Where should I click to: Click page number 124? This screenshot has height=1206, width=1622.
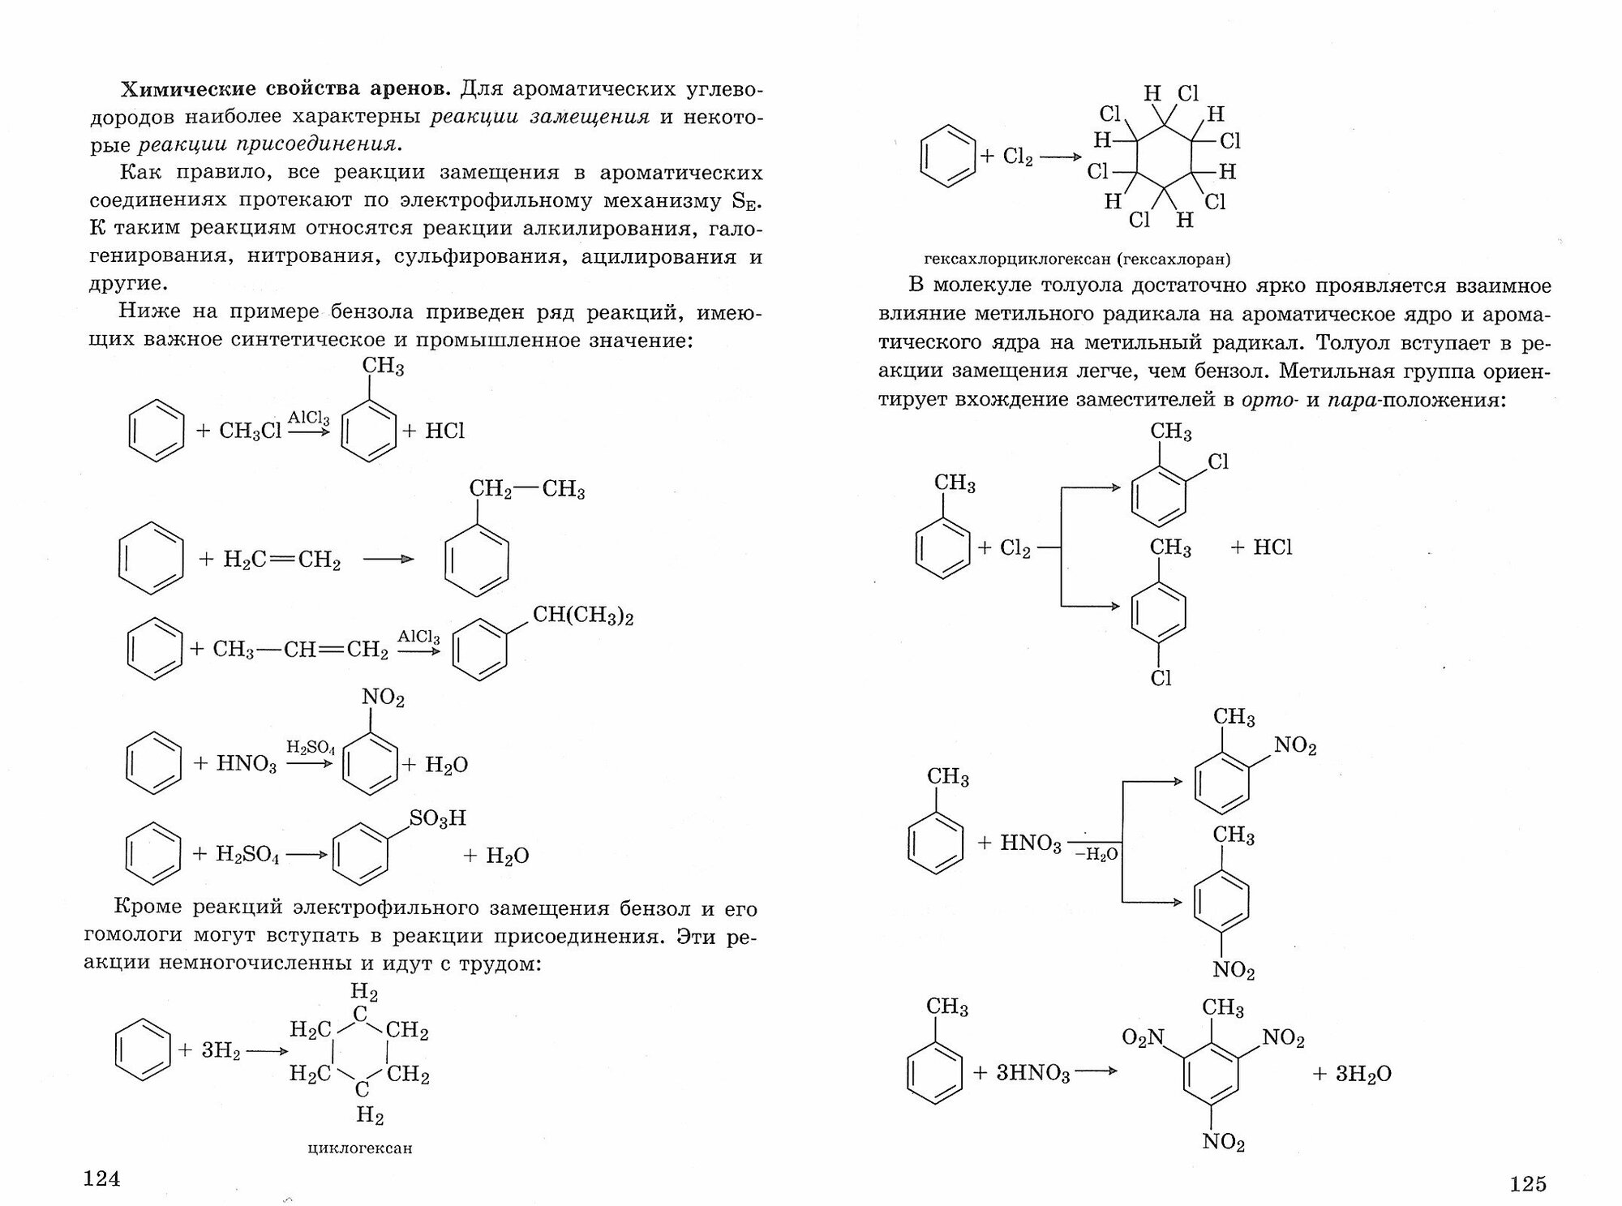102,1178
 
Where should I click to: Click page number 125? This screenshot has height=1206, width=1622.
1528,1183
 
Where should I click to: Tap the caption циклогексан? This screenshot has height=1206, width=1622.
360,1148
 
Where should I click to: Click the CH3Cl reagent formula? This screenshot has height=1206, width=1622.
250,431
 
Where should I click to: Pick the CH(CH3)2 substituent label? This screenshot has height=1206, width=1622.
582,616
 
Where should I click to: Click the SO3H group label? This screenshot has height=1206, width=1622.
437,818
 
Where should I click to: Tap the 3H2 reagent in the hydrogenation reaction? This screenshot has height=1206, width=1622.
221,1050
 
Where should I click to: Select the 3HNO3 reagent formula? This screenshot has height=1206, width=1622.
1032,1073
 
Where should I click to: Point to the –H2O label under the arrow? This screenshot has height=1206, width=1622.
1096,854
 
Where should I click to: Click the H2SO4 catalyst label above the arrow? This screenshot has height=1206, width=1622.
310,746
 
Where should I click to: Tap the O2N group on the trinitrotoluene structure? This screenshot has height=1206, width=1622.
1143,1036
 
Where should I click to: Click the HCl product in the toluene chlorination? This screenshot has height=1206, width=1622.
1272,547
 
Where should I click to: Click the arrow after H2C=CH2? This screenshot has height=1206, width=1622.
388,560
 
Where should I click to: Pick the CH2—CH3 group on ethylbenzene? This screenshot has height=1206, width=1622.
527,490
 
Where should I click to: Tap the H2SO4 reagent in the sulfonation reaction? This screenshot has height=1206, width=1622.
247,854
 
